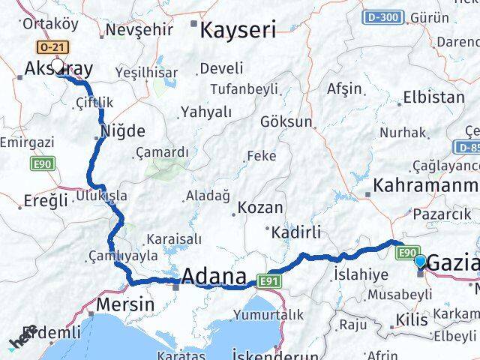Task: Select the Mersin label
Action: point(125,304)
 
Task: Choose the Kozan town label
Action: point(260,208)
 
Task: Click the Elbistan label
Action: point(433,97)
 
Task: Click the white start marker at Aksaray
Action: point(58,66)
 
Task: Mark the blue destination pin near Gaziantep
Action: point(421,262)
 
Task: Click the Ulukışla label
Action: point(101,196)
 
